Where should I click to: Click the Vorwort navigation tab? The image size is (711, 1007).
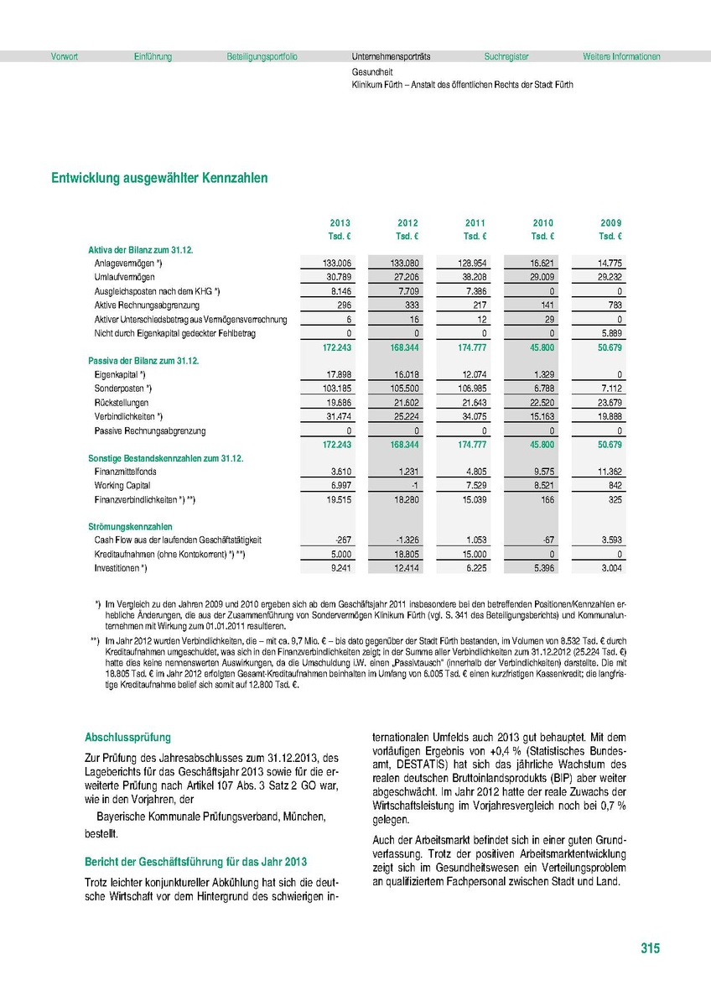(65, 57)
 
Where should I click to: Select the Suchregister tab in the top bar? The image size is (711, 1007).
(506, 57)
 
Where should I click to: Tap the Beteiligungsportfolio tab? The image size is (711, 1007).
(262, 57)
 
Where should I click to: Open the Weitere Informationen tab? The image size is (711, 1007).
(621, 57)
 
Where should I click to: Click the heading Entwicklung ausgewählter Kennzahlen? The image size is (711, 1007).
(159, 179)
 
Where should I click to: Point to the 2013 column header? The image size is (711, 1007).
(340, 222)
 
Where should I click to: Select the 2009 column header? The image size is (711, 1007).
(610, 222)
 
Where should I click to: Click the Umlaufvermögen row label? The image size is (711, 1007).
(124, 276)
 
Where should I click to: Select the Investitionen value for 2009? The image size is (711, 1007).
(609, 569)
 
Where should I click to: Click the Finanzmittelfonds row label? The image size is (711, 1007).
(126, 472)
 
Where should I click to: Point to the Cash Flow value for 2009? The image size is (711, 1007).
(609, 541)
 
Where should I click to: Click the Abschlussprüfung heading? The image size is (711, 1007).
(127, 738)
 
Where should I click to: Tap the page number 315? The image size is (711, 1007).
(650, 948)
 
